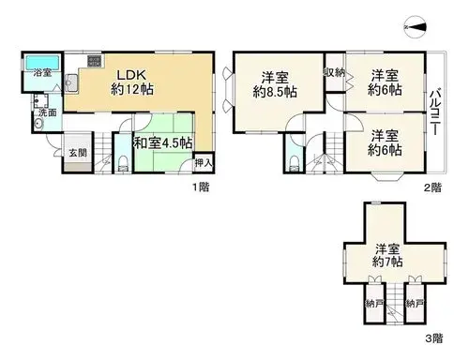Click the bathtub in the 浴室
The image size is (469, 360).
pos(42,63)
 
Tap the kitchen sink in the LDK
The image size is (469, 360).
pos(71,82)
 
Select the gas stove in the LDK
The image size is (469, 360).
pos(95,61)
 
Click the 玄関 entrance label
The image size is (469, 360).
pos(78,153)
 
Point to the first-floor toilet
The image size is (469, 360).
pos(124,163)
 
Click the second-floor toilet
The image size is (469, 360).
pos(295,164)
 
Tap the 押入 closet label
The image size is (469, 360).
pos(204,162)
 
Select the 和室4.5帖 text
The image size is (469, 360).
pos(163,143)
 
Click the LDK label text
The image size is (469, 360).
pos(131,75)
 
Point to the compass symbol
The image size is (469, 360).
pos(415,27)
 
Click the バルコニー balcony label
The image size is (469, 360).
pos(435,112)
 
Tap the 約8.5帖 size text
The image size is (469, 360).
pos(275,92)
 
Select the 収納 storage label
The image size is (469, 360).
pos(334,72)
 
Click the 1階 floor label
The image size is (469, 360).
pos(201,187)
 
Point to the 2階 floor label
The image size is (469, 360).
pos(432,187)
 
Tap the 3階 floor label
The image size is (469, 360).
pos(433,337)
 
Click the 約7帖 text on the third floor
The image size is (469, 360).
pos(387,262)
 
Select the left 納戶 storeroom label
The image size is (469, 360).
pos(374,303)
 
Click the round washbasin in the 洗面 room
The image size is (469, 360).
pos(38,124)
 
